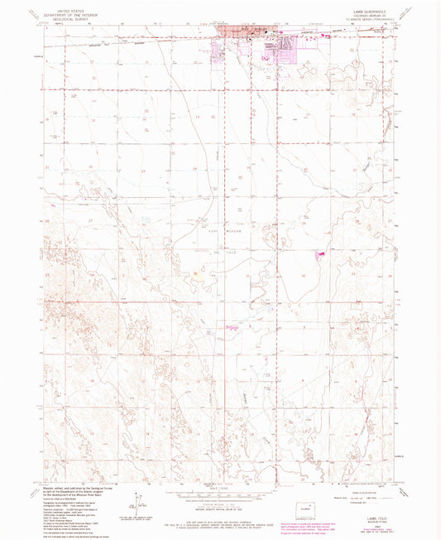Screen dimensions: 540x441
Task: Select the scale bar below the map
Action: point(220,494)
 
